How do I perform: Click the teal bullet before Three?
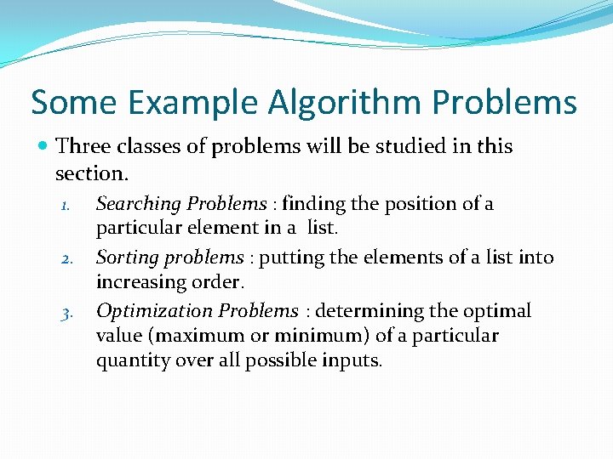(x=43, y=147)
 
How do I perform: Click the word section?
(x=89, y=173)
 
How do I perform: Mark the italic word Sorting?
(x=126, y=258)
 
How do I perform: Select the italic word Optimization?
(x=151, y=311)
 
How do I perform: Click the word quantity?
(x=130, y=360)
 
